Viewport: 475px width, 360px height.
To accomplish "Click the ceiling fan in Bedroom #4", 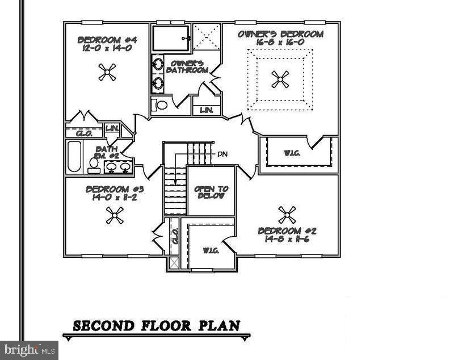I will click(107, 72).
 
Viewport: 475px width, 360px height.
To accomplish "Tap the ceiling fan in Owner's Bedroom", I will click(280, 79).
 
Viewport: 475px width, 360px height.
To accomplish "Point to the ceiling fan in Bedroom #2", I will click(287, 215).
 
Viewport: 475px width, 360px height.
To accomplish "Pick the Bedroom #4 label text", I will click(107, 40).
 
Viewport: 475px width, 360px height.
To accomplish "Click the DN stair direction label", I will click(222, 153).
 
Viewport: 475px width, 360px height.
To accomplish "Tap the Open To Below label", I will click(211, 192).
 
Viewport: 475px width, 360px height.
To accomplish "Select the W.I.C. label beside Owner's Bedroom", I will click(293, 153).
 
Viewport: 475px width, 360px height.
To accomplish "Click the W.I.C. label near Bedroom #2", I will click(211, 250).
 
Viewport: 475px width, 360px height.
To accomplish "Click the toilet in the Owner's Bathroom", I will click(161, 105).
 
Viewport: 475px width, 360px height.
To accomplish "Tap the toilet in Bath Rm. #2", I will click(94, 165).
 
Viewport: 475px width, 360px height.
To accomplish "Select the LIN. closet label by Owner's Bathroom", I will click(206, 110).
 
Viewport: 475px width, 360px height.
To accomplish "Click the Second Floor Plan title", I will click(156, 325).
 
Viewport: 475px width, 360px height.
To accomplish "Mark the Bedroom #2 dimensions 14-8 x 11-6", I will click(287, 239).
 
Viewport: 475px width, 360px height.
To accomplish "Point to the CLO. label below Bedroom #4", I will click(83, 133).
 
